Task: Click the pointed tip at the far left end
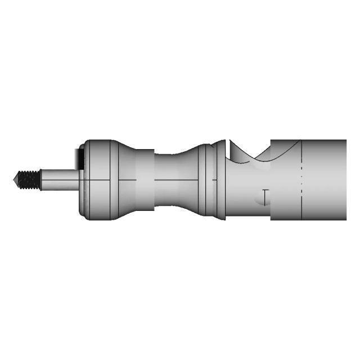(14, 180)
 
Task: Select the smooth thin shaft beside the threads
(59, 180)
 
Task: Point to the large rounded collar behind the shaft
(98, 180)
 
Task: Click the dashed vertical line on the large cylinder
(302, 180)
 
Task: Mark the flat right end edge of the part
(345, 180)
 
